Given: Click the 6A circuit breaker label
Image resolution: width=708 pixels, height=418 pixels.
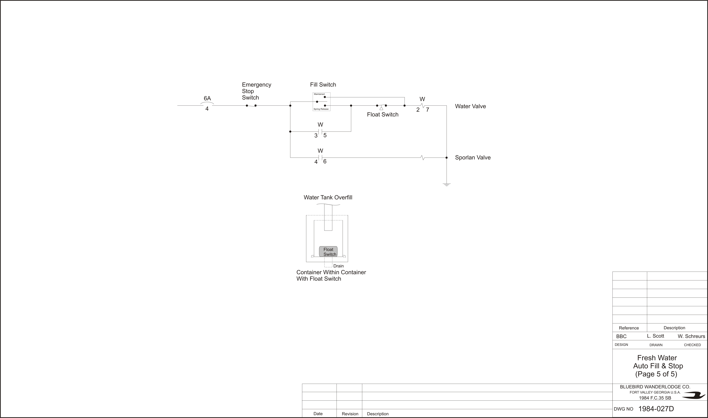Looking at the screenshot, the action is [x=207, y=98].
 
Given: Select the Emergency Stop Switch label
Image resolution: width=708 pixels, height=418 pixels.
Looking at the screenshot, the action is [x=257, y=91].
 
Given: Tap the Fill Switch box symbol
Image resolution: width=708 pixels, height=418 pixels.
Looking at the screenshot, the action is [x=321, y=102].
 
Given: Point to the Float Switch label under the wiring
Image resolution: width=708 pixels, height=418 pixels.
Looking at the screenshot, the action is [x=383, y=114].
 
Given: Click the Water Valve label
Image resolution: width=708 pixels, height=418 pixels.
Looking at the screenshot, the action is [x=470, y=106].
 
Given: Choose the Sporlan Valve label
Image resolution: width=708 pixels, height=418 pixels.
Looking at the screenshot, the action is [x=473, y=157].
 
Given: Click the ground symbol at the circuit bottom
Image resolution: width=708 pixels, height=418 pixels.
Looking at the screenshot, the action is [x=446, y=185].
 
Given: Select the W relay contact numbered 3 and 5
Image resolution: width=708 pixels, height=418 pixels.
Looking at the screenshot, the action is [x=320, y=132].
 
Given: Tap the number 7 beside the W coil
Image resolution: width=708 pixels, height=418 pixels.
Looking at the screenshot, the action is [x=428, y=110].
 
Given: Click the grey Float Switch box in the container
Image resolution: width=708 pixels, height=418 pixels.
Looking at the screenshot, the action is [x=328, y=252].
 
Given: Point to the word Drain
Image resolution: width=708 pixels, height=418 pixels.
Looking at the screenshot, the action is [x=339, y=266].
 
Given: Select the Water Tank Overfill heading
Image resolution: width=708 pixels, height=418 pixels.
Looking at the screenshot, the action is [x=328, y=197].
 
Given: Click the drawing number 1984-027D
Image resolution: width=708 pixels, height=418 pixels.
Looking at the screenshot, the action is [x=656, y=409].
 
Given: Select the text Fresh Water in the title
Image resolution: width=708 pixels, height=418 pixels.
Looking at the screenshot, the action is [x=657, y=358].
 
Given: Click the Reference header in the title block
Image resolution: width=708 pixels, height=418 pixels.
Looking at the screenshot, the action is [x=629, y=328].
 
